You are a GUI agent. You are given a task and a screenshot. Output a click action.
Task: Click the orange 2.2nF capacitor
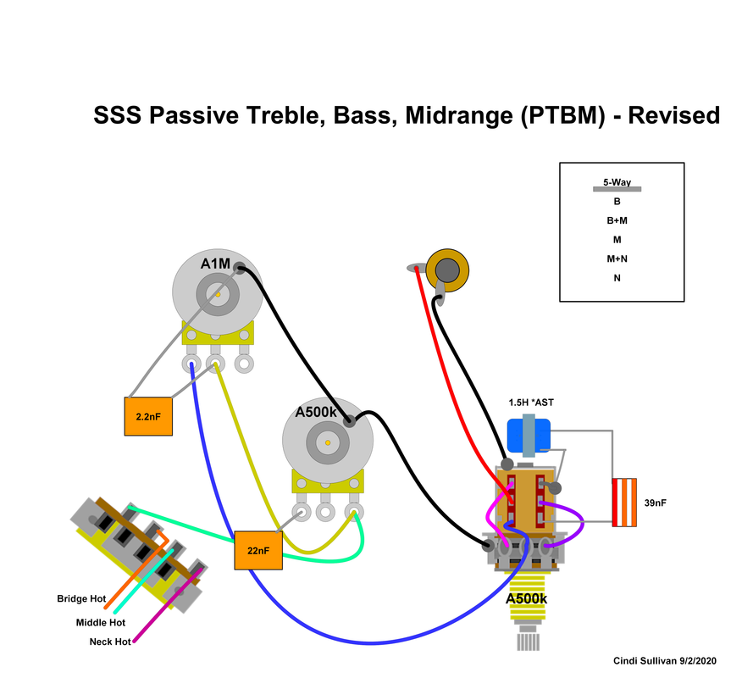pyautogui.click(x=148, y=416)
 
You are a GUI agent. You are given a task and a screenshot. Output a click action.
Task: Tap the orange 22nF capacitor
pyautogui.click(x=257, y=550)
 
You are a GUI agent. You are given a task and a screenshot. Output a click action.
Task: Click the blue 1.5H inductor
pyautogui.click(x=529, y=435)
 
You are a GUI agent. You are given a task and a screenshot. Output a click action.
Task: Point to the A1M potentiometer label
pyautogui.click(x=214, y=264)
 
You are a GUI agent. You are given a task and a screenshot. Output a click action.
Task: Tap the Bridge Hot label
pyautogui.click(x=81, y=599)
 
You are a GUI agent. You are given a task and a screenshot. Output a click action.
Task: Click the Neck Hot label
pyautogui.click(x=110, y=642)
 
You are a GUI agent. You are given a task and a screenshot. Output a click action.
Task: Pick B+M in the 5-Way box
pyautogui.click(x=617, y=220)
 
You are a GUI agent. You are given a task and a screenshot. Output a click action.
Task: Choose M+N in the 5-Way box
pyautogui.click(x=617, y=258)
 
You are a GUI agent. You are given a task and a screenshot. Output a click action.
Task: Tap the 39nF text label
pyautogui.click(x=655, y=503)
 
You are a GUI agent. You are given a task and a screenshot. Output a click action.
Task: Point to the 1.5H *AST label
pyautogui.click(x=531, y=402)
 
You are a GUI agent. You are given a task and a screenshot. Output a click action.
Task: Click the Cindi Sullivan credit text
pyautogui.click(x=664, y=660)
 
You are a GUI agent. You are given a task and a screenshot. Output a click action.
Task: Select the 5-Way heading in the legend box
pyautogui.click(x=617, y=182)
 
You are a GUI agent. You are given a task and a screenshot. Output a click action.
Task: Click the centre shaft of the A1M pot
pyautogui.click(x=219, y=293)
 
